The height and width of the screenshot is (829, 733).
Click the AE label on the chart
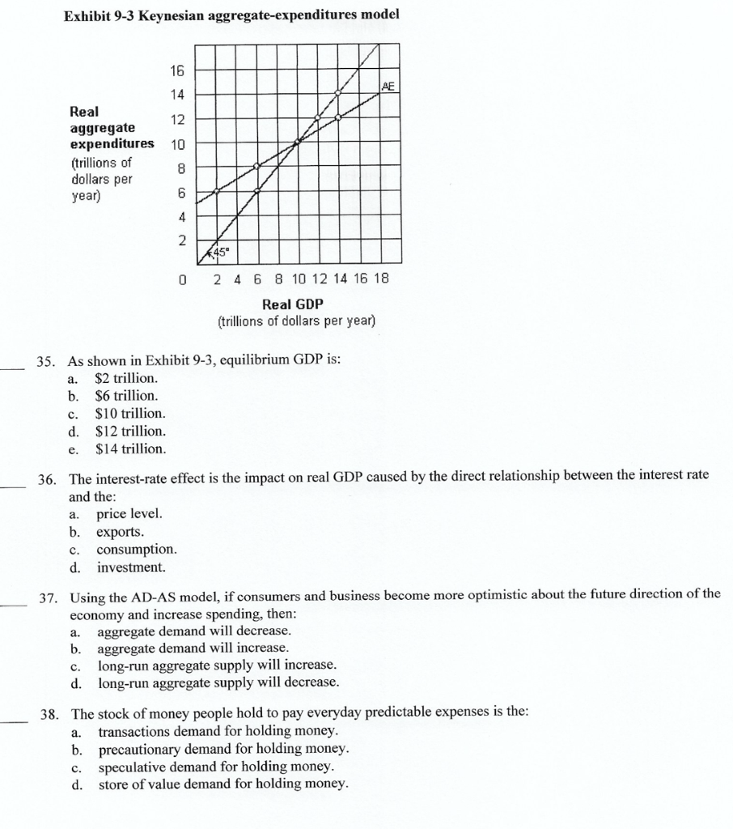point(389,86)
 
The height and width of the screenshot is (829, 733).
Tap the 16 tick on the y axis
point(177,70)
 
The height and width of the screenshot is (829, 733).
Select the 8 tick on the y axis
point(181,168)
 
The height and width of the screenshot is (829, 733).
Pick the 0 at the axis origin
point(182,279)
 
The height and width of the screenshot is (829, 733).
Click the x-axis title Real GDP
point(292,304)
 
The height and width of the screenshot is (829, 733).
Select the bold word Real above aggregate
point(85,111)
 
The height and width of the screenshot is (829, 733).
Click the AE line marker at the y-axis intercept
point(216,191)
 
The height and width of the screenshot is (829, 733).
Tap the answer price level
point(129,514)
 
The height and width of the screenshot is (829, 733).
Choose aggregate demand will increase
point(193,648)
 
